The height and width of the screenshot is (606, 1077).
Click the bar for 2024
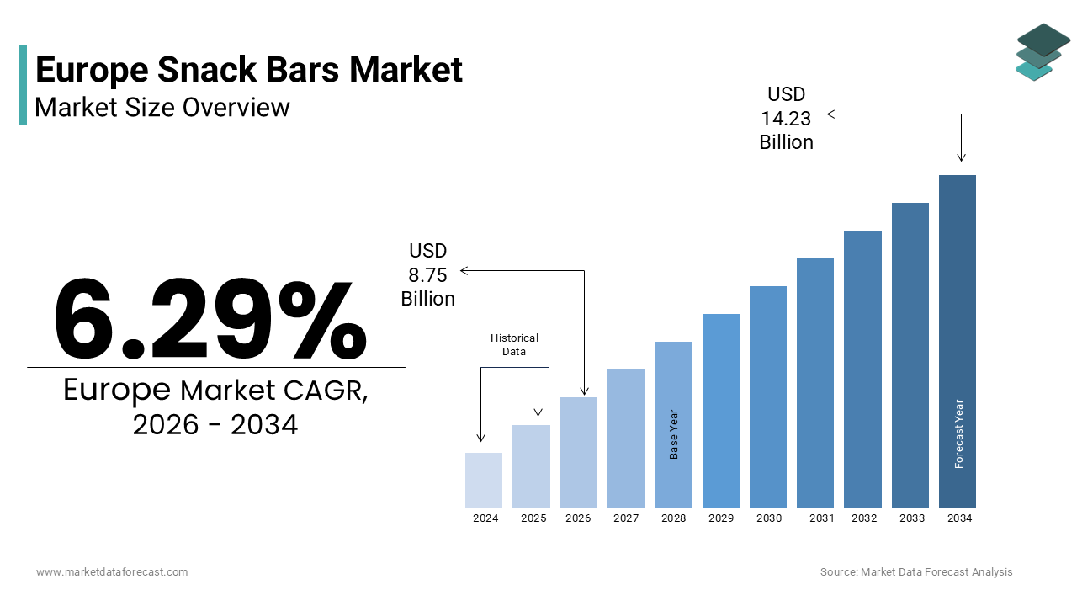pos(484,481)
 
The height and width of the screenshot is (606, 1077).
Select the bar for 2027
pos(626,439)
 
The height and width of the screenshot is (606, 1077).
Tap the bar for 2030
pos(768,397)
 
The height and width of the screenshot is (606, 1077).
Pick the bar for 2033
pos(910,355)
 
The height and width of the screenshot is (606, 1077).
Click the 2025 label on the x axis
pos(533,518)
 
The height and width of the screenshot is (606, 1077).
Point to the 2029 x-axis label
pos(721,518)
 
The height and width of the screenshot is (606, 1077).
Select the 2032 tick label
pos(864,518)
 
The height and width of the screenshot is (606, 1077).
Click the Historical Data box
pos(514,344)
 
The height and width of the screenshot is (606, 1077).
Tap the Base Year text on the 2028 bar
pos(674,434)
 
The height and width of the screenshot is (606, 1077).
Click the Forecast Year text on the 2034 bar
pos(958,433)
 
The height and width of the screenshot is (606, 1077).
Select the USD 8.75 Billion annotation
pos(428,274)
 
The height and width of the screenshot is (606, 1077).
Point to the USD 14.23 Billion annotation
pos(786,119)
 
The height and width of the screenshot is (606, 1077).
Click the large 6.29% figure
pos(210,318)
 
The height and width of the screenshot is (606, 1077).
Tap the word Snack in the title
pos(207,70)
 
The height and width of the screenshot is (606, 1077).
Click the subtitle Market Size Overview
pos(162,107)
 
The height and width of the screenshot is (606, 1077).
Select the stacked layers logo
pos(1043,52)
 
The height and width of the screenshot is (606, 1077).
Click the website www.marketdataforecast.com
pos(112,571)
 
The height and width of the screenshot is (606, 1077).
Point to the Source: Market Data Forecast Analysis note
pos(916,571)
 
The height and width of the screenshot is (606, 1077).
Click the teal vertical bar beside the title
pos(23,85)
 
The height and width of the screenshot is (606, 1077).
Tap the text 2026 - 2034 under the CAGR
pos(215,425)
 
